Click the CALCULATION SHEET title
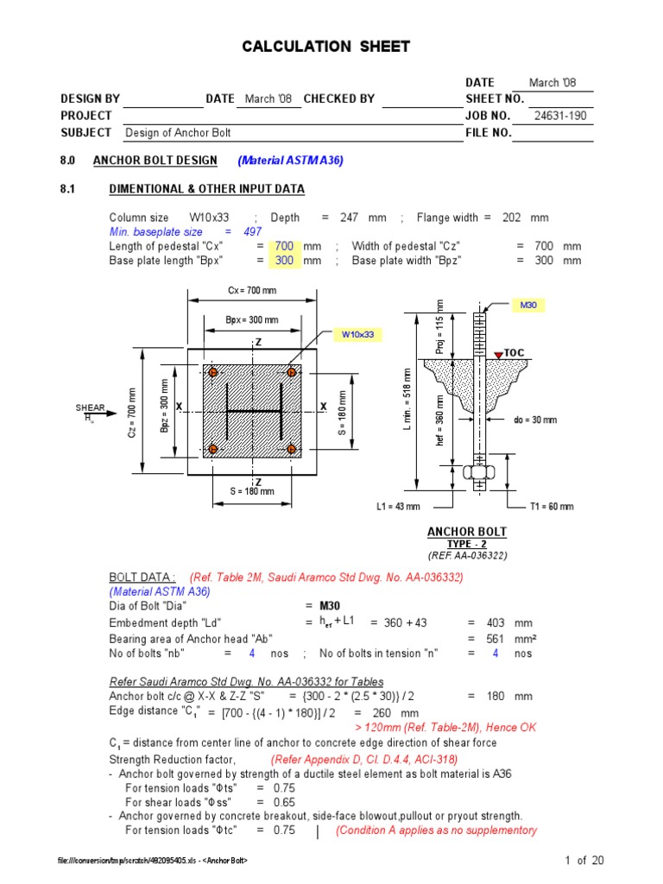click(325, 47)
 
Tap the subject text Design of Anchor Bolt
click(178, 133)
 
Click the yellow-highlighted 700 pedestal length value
click(284, 246)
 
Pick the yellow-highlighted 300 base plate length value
click(284, 261)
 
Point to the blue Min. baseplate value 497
click(252, 232)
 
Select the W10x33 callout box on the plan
click(357, 333)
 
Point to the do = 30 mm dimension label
click(535, 420)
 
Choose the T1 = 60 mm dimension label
click(552, 507)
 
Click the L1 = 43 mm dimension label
click(397, 507)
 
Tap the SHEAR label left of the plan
click(90, 408)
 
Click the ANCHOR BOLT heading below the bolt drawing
click(467, 532)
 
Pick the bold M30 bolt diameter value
click(331, 606)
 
